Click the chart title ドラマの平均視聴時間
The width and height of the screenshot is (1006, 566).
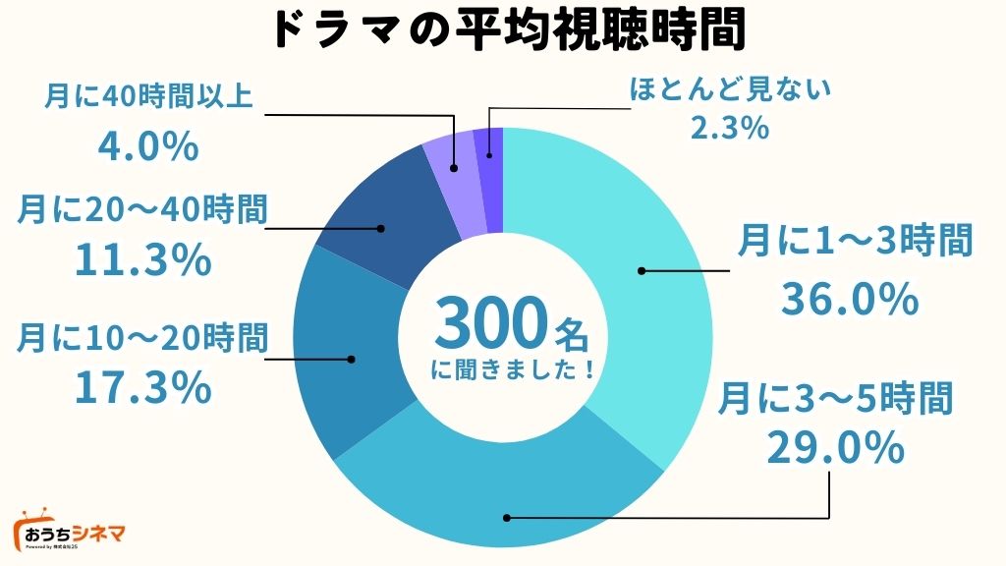coord(502,29)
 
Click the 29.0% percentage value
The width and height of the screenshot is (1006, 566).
coord(834,449)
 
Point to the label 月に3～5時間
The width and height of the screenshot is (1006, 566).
coord(834,400)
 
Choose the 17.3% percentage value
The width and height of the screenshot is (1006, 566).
coord(143,387)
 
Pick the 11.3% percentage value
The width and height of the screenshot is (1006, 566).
coord(143,259)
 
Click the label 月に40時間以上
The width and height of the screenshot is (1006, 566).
coord(148,97)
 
